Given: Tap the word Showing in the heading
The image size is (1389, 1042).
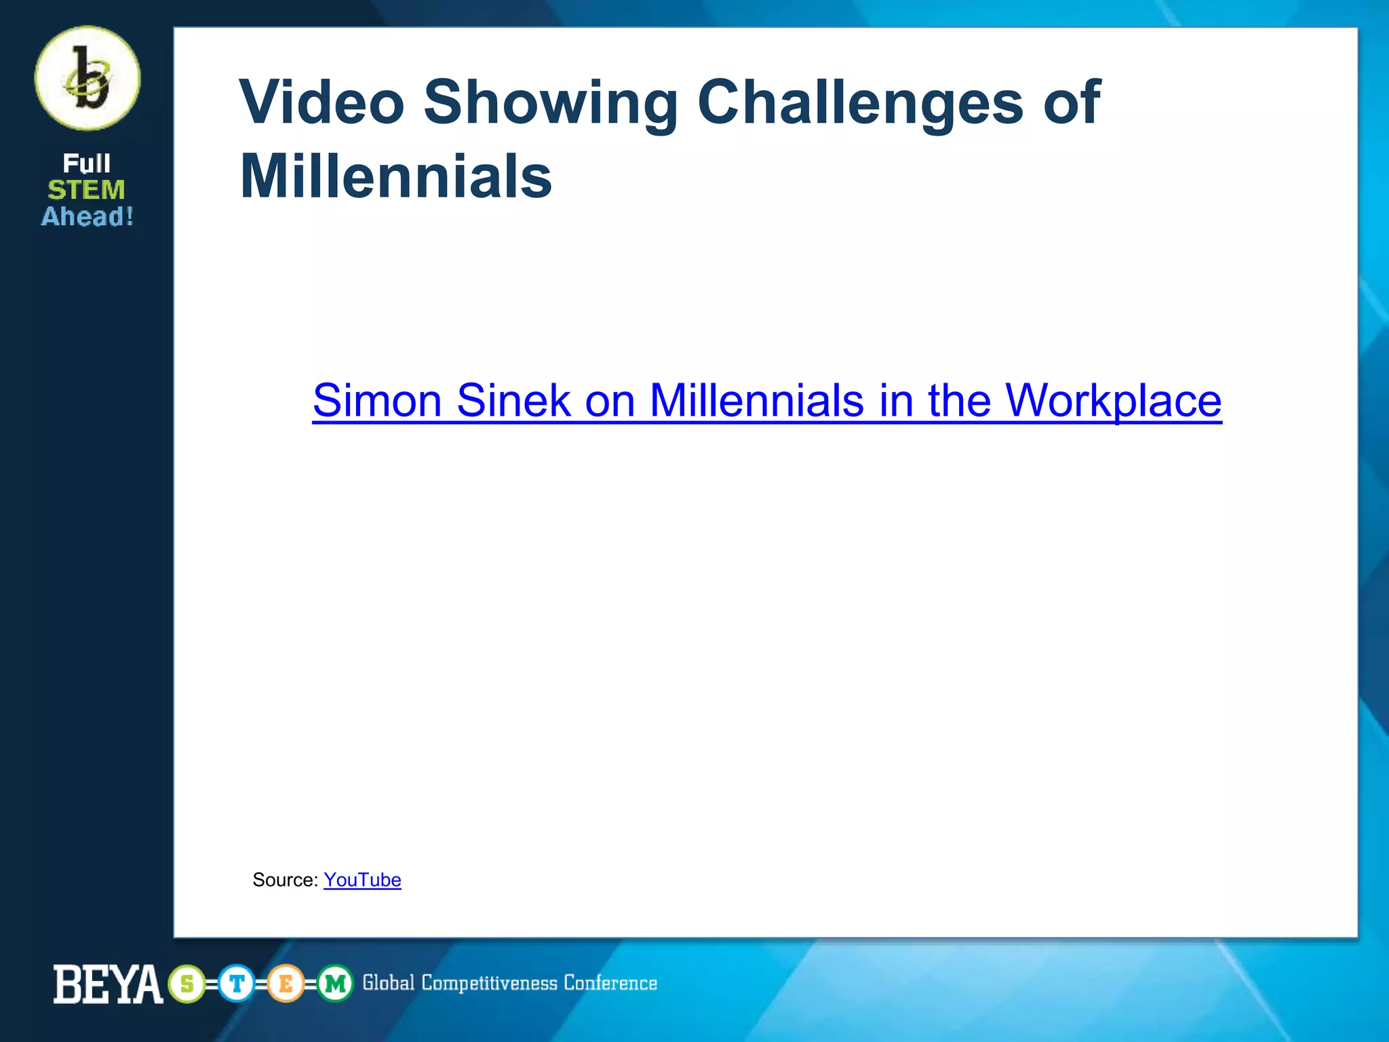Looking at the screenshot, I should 551,103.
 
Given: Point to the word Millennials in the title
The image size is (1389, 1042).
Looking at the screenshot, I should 396,176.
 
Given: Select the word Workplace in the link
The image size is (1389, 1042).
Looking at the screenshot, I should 1113,402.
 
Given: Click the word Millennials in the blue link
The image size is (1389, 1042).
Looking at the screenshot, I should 756,400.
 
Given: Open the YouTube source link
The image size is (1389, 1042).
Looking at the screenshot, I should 362,880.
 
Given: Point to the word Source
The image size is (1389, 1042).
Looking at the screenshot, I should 285,880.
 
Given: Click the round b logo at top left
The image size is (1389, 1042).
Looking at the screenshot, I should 87,78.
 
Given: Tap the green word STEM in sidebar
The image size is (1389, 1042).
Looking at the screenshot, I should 87,190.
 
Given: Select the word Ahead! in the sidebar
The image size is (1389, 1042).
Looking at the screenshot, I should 87,216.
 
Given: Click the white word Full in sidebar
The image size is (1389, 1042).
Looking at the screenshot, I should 86,163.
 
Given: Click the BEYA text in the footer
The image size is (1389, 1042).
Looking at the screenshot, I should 108,984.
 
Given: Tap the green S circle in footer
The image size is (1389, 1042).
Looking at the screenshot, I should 187,984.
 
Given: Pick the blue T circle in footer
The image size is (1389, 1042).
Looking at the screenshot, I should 237,984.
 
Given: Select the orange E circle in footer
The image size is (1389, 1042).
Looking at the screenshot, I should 286,984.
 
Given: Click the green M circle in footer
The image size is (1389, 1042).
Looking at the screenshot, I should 335,984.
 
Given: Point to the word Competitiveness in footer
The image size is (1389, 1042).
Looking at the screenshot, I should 489,983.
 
